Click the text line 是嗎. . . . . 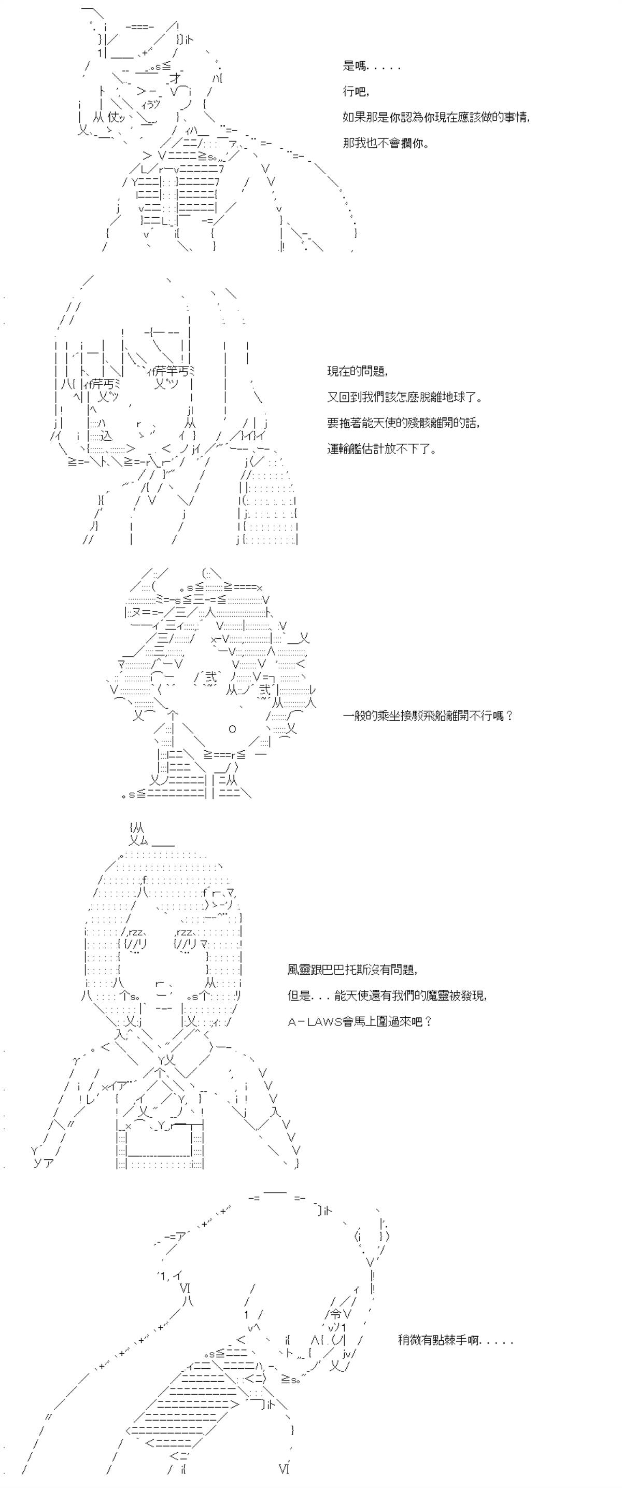click(371, 66)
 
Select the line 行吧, click(356, 91)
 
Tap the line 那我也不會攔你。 click(386, 143)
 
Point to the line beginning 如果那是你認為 click(436, 117)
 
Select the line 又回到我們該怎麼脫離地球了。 click(405, 398)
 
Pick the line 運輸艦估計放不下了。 click(381, 449)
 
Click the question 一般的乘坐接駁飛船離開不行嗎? click(428, 715)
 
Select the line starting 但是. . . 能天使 click(388, 995)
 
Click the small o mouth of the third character click(232, 729)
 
